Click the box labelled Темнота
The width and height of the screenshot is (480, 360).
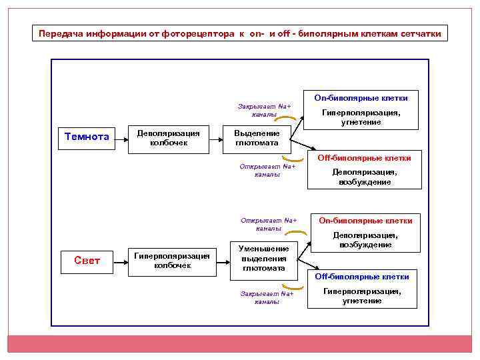click(x=87, y=138)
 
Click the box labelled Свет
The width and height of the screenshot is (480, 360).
click(x=87, y=261)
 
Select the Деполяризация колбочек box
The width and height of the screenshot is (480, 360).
click(x=168, y=138)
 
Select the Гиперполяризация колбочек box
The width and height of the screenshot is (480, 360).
click(x=172, y=261)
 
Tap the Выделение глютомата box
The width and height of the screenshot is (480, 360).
click(x=257, y=138)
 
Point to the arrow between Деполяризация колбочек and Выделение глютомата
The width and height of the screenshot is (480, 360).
click(x=217, y=139)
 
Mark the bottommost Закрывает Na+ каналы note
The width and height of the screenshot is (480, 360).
click(x=266, y=297)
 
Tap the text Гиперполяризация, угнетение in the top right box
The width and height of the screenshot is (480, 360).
click(x=361, y=117)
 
